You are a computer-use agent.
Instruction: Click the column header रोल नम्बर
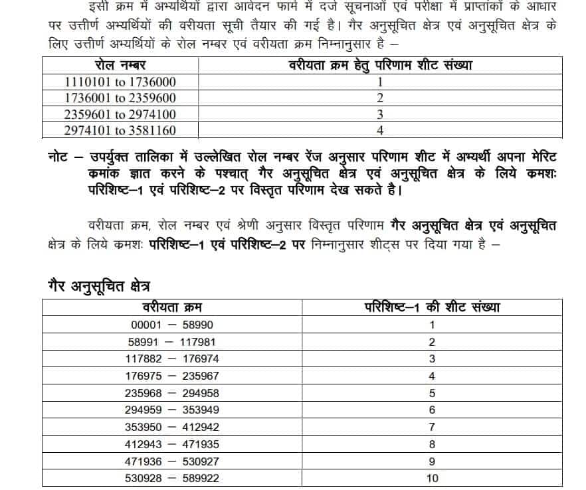121,66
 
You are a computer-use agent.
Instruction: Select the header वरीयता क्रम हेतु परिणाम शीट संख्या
380,66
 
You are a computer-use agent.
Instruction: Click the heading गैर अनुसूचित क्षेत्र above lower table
96,286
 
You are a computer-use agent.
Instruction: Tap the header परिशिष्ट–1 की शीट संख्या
433,307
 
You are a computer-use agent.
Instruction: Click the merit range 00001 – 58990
173,325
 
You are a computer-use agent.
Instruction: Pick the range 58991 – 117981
173,343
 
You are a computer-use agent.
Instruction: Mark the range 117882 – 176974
173,359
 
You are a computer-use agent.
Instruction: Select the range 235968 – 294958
173,393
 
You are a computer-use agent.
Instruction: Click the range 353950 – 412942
173,427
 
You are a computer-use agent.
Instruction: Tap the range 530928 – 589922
173,478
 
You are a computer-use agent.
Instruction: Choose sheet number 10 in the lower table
432,478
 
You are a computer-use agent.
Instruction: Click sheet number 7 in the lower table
432,427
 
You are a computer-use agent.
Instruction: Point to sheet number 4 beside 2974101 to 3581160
380,131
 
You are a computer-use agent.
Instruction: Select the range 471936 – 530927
173,461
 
